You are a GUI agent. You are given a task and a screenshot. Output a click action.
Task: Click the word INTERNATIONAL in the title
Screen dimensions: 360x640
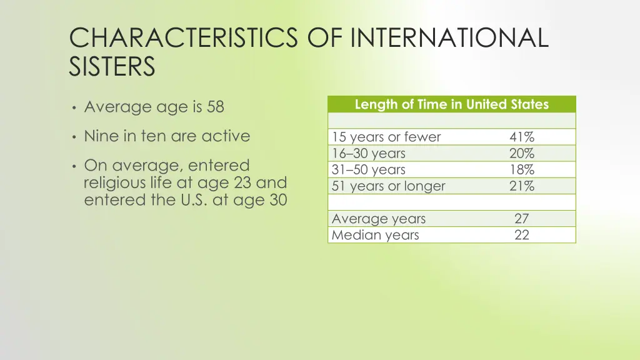click(x=449, y=37)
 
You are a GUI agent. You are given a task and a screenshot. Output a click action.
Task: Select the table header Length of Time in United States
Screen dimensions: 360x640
click(x=451, y=104)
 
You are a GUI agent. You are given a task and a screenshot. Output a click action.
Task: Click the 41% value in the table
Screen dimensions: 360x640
click(x=521, y=137)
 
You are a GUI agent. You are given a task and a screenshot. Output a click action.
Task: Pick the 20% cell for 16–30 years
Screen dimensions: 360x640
click(x=521, y=154)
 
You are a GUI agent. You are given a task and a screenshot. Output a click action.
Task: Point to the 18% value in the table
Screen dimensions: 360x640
click(x=521, y=170)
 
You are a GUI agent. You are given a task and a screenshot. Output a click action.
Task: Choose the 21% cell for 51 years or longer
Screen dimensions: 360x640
click(x=521, y=186)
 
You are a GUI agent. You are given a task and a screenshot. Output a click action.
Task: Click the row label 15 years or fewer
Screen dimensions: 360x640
click(x=386, y=137)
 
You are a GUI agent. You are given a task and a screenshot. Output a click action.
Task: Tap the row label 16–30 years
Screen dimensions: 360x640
click(x=369, y=154)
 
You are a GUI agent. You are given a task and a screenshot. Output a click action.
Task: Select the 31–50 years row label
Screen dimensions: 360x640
click(x=369, y=170)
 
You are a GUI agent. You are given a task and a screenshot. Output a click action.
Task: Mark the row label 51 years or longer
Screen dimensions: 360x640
click(x=389, y=186)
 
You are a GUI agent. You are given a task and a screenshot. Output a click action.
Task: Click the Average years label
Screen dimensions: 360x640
click(x=379, y=219)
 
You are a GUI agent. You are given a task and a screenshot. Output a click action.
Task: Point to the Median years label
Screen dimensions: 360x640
click(x=376, y=236)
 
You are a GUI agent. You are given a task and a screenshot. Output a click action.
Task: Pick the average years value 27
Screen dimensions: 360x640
click(x=521, y=219)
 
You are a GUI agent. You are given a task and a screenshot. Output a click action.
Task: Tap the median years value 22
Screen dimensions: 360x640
click(x=521, y=236)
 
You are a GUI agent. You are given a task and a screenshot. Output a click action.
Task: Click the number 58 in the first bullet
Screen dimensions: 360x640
click(x=215, y=107)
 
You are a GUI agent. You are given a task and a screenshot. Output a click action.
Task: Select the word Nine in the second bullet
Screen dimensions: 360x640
click(x=101, y=136)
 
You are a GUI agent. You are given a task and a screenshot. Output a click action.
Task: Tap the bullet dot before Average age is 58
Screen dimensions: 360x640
click(x=74, y=107)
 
